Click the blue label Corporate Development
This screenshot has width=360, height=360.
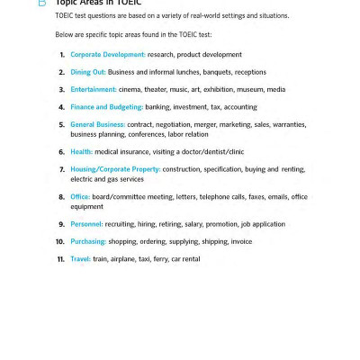107,55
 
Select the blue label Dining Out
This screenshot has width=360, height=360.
88,72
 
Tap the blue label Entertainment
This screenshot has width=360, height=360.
94,89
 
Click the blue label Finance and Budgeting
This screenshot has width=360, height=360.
106,106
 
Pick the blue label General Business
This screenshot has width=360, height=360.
98,124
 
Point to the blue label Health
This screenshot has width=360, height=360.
81,152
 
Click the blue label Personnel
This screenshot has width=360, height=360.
86,224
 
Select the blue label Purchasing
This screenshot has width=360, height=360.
88,241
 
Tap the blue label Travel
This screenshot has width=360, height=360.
80,258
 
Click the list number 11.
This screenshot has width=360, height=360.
60,258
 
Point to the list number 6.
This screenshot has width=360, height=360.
61,152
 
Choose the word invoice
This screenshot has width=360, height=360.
240,241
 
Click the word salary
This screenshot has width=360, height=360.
191,224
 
